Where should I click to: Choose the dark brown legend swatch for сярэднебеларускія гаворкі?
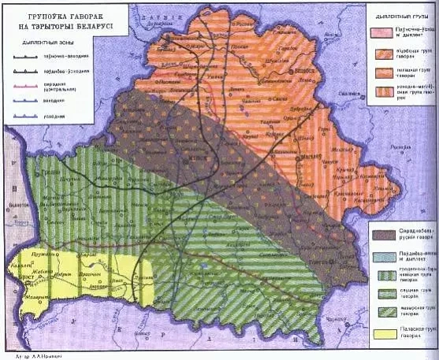tap(383, 234)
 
